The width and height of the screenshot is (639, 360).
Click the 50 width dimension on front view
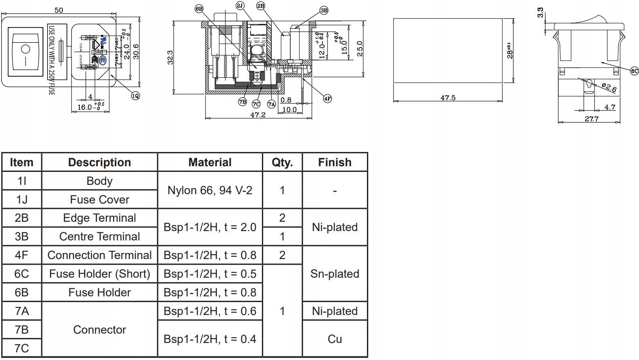click(x=59, y=10)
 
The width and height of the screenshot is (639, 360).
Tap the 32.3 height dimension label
click(x=170, y=57)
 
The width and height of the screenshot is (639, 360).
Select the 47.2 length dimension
click(x=258, y=115)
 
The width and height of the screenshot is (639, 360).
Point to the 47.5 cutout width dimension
click(x=448, y=98)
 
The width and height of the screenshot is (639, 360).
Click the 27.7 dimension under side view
click(x=591, y=119)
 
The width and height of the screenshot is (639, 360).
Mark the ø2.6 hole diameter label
click(x=609, y=87)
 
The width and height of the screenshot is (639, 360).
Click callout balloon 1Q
click(x=135, y=96)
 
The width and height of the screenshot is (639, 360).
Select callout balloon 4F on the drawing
click(x=327, y=98)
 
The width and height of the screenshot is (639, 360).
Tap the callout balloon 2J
click(x=240, y=6)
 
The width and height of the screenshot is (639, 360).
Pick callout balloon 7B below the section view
click(x=242, y=102)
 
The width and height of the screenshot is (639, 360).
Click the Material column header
click(x=210, y=162)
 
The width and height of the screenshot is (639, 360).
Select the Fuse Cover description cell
click(x=99, y=199)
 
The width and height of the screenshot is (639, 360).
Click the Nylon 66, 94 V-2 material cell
click(x=210, y=190)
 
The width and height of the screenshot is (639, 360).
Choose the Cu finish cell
click(x=335, y=339)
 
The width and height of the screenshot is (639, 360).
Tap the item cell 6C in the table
click(x=21, y=274)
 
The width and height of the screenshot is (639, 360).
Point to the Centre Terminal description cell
click(x=99, y=236)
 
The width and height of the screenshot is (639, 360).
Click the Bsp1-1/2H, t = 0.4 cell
click(x=210, y=339)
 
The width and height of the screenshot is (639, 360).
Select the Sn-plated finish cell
click(x=335, y=274)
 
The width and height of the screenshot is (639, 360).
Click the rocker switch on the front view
click(x=26, y=51)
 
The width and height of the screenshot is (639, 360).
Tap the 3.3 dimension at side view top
click(x=540, y=13)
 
